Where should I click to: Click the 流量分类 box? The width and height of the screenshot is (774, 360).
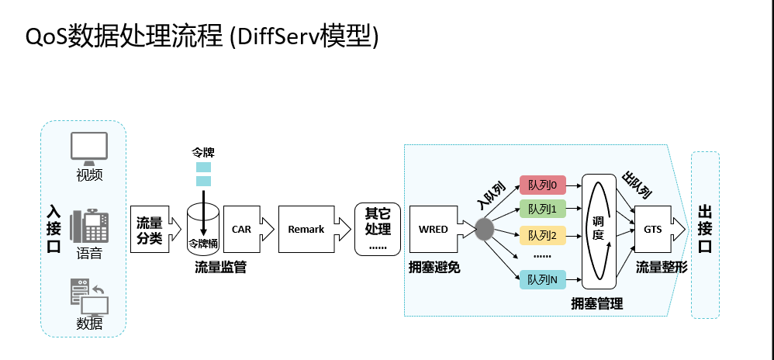[149, 230]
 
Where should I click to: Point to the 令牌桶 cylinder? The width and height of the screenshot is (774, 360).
[203, 230]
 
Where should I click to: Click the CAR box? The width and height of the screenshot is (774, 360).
[241, 230]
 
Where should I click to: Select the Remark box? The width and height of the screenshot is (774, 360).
[306, 230]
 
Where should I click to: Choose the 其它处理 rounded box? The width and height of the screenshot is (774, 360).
[378, 230]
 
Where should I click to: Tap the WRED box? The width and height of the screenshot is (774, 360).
[433, 230]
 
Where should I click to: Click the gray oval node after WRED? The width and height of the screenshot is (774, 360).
[485, 229]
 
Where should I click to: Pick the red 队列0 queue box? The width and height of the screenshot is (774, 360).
[542, 185]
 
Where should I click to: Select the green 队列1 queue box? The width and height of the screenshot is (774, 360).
[542, 209]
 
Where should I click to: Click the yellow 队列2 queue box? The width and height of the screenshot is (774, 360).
[542, 234]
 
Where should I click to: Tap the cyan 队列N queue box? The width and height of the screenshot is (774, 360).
[542, 279]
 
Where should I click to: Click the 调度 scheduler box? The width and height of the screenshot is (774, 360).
[598, 229]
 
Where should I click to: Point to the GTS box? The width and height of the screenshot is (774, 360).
[652, 230]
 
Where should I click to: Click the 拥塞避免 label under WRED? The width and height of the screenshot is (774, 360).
[434, 267]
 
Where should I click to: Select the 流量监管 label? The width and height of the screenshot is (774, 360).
[220, 267]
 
